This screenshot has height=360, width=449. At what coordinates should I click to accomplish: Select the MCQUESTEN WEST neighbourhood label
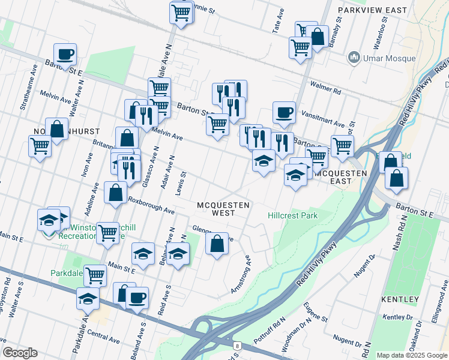223,209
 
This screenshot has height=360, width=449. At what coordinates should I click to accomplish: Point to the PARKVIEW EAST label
372,10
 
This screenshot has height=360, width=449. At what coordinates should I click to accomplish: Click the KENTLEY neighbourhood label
400,299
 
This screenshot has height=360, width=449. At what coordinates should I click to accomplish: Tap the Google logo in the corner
20,353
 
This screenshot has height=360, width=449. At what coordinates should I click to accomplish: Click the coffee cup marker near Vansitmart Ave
284,112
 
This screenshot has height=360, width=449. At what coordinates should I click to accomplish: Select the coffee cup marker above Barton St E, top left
65,53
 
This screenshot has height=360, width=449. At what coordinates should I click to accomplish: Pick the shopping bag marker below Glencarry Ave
217,244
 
